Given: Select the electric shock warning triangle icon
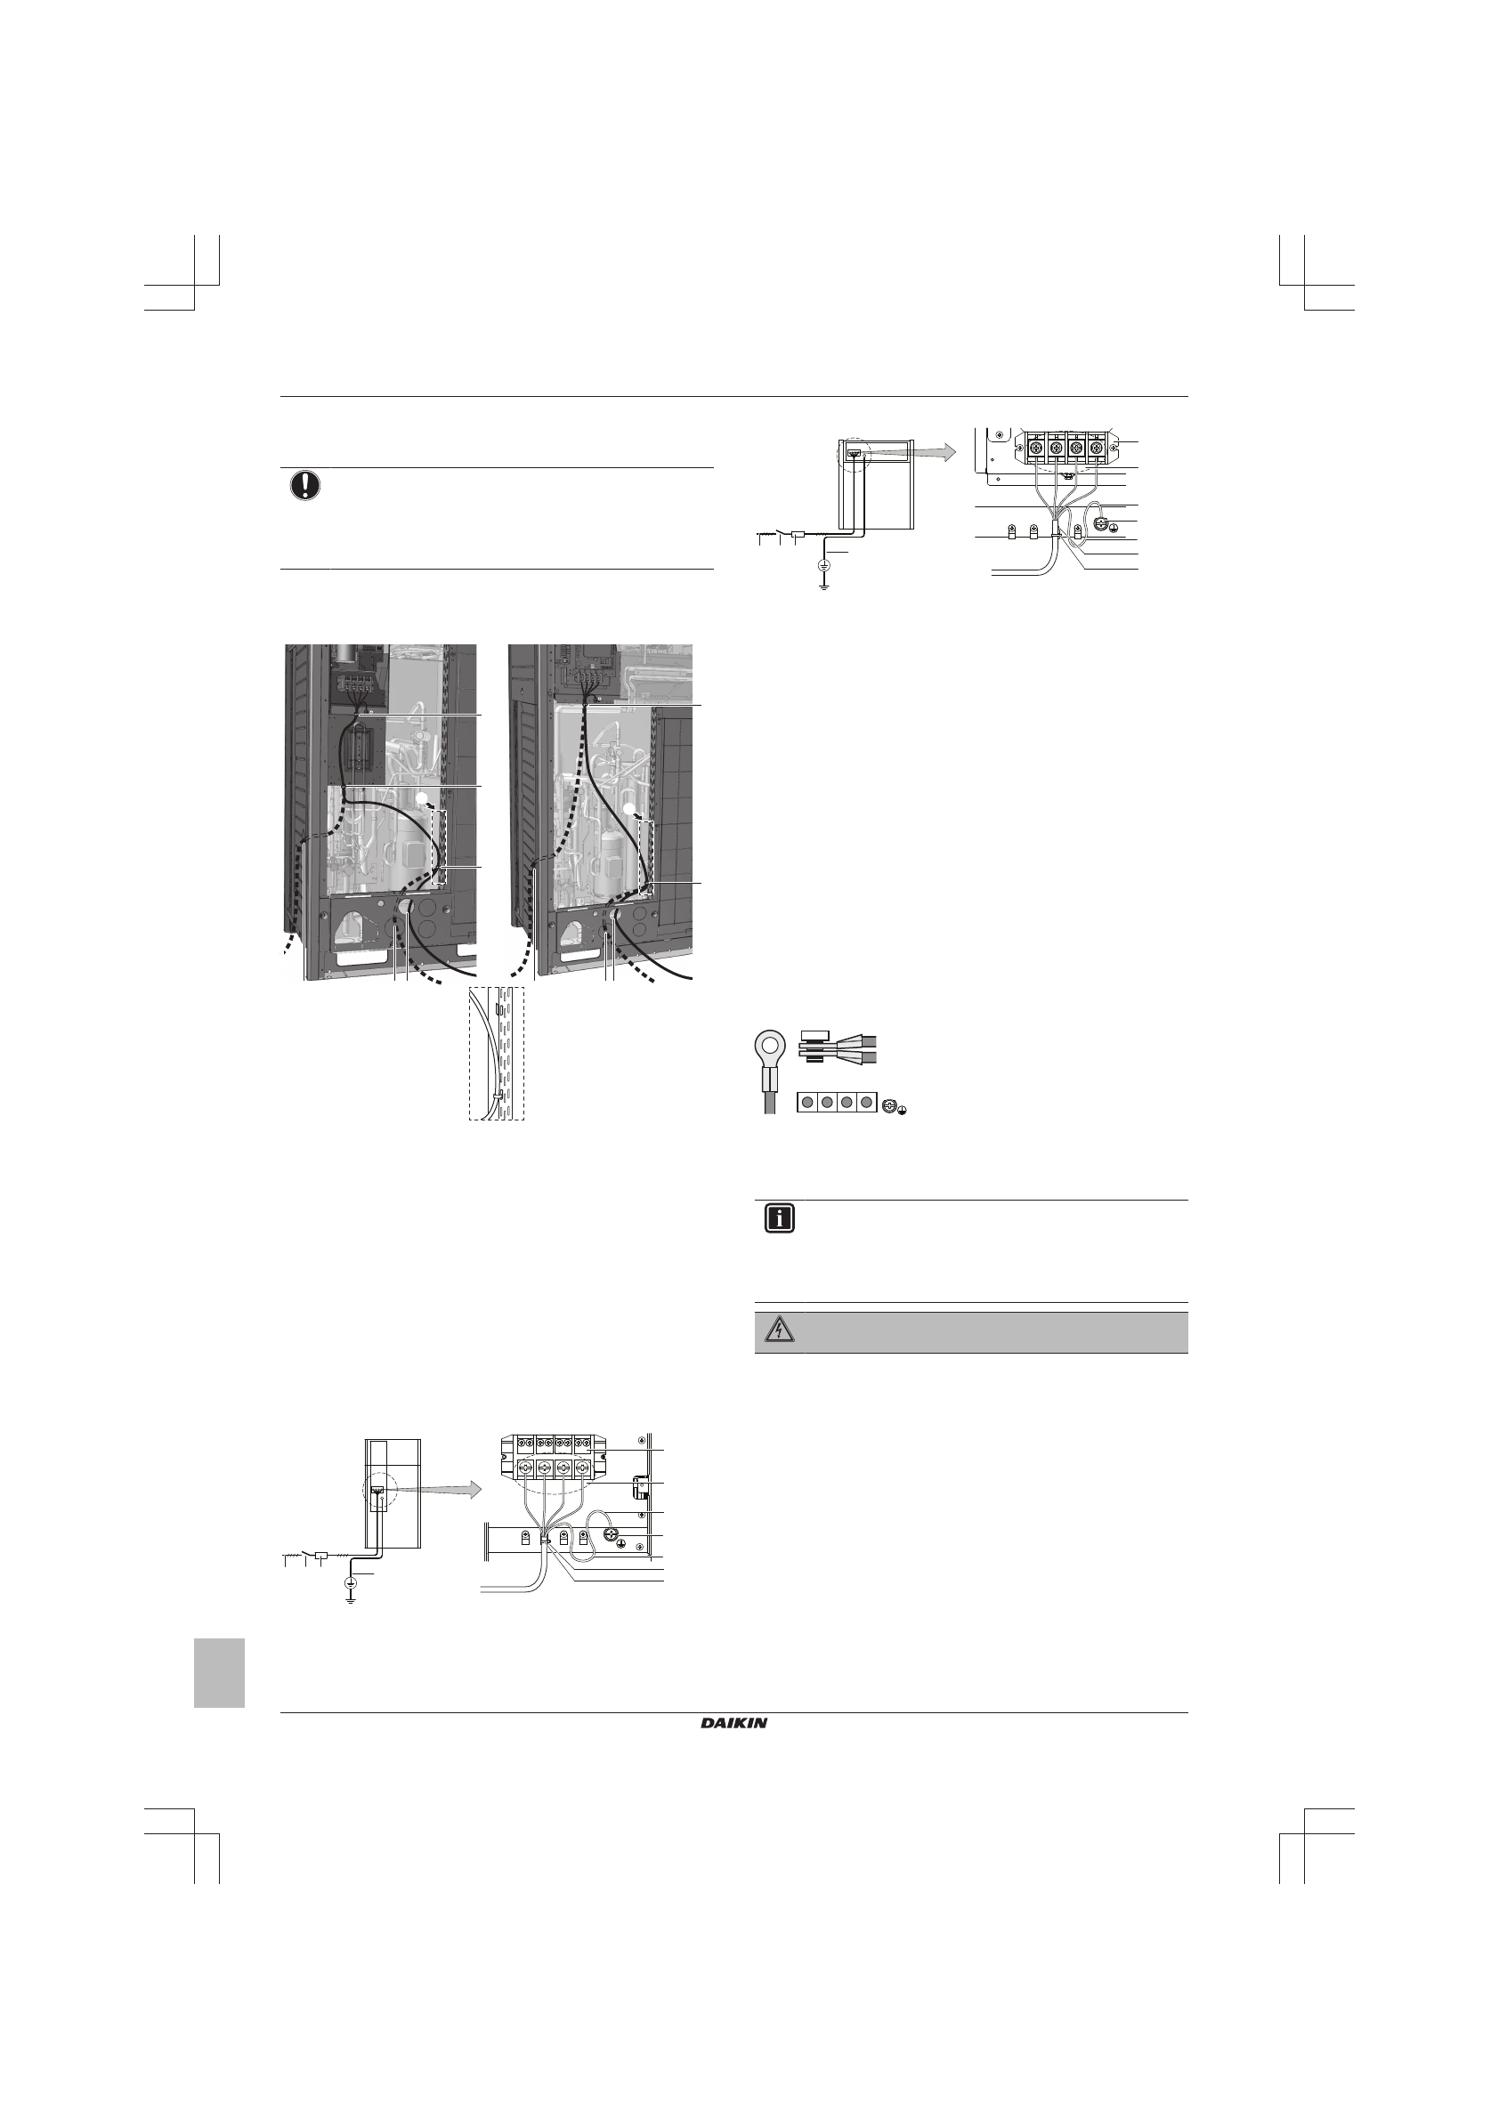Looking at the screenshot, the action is (779, 1331).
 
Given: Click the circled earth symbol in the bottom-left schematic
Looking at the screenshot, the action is (351, 1581).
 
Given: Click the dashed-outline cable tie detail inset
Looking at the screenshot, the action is (497, 1053).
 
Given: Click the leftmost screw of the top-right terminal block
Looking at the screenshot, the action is (1035, 449).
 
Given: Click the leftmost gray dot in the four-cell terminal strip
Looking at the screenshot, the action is (806, 1103).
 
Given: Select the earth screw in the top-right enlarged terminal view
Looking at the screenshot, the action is (1099, 525).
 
